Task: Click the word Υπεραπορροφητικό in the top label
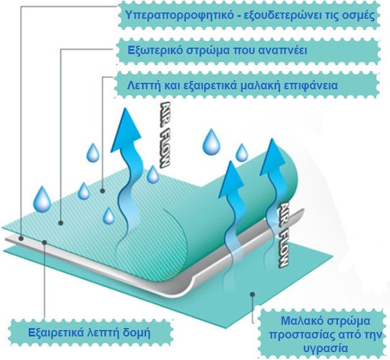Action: [180, 15]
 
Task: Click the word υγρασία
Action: [326, 348]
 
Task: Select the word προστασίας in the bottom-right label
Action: [301, 335]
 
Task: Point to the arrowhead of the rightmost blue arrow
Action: [273, 156]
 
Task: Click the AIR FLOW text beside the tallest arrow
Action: [164, 134]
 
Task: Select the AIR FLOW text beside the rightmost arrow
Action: [282, 235]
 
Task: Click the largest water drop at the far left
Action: [42, 200]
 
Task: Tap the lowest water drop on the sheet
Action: [108, 216]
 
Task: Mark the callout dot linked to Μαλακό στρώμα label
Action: [253, 294]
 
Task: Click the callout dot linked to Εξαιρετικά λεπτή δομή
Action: [45, 241]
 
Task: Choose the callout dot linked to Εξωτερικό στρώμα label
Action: [61, 223]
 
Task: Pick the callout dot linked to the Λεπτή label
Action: [103, 191]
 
